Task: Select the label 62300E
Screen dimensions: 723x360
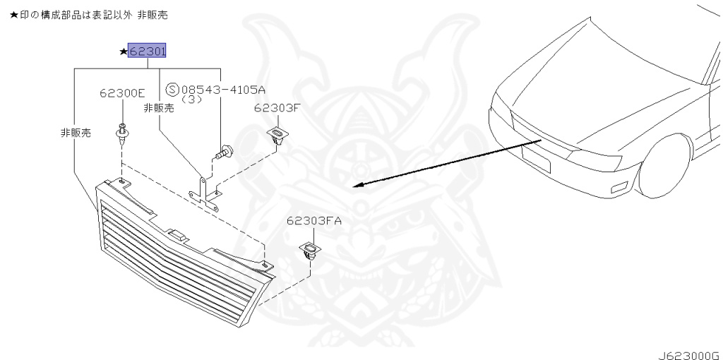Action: tap(122, 93)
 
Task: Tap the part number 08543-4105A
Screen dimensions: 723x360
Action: tap(222, 90)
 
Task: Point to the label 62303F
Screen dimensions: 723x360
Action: tap(277, 108)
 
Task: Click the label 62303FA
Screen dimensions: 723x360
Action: tap(313, 221)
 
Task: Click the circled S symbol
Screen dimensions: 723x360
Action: tap(172, 90)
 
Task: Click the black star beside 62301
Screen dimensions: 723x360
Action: tap(124, 52)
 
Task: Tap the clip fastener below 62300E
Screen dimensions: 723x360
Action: tap(123, 134)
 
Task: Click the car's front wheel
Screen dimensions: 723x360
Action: tap(667, 166)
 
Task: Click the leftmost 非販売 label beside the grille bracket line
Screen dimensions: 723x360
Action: tap(76, 133)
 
